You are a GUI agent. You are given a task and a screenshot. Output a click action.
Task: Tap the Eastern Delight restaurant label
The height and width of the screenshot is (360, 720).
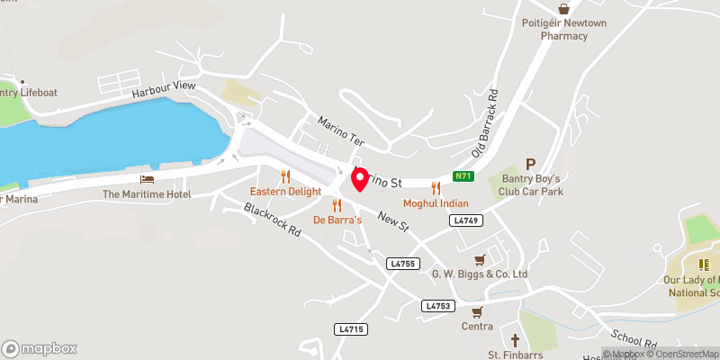285,192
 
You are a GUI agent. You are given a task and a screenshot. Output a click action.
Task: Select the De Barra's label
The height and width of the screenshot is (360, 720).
337,220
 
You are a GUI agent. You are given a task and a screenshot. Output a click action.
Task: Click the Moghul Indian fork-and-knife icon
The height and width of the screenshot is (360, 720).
436,188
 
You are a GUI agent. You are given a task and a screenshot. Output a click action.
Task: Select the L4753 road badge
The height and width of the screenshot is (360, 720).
437,306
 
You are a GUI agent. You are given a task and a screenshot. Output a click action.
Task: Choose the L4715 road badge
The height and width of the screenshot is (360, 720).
351,329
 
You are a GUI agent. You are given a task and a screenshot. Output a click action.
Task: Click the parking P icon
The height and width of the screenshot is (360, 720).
530,165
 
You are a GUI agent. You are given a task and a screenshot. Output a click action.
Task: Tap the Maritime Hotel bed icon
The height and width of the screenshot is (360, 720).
147,179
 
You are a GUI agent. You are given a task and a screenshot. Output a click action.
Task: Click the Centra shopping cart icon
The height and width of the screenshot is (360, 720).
477,309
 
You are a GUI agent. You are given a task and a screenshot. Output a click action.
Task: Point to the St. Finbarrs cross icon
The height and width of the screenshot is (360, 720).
514,341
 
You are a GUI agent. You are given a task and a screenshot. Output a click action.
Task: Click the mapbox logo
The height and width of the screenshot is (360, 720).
40,348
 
